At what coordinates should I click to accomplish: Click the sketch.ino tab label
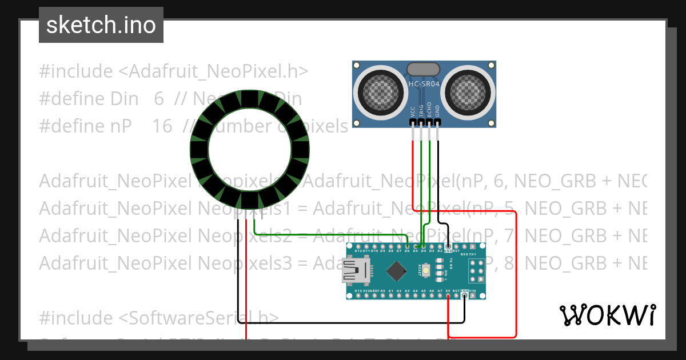(101, 25)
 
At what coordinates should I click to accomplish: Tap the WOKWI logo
(607, 315)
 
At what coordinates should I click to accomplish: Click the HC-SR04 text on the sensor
(424, 85)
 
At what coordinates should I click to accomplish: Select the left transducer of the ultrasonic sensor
(378, 90)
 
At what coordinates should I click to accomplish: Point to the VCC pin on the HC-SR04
(413, 121)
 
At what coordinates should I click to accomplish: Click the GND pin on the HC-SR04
(438, 121)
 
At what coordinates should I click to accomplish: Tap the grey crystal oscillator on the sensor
(423, 69)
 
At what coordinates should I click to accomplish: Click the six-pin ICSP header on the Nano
(477, 270)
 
